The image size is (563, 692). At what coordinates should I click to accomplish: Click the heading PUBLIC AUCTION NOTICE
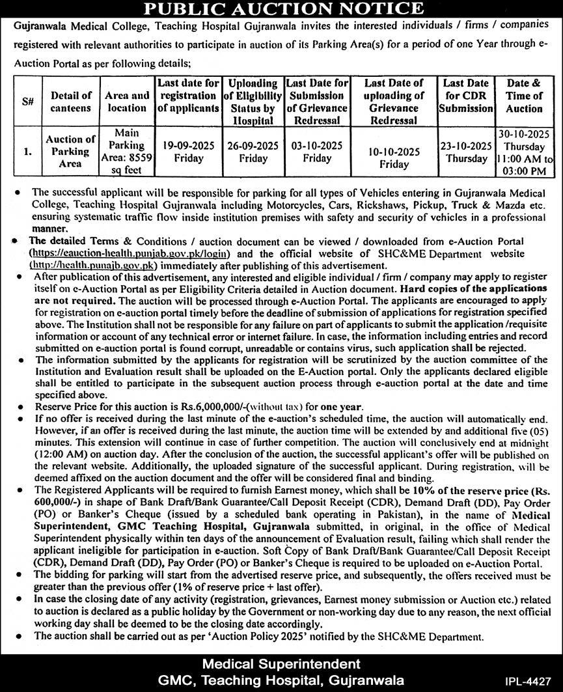pos(282,8)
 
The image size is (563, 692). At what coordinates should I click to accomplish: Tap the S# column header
pos(27,102)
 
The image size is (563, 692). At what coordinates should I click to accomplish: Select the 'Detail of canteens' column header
pos(72,102)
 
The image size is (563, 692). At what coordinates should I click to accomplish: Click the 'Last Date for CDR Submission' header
pos(465,96)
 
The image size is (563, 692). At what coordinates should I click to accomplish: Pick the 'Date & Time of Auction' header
pos(524,96)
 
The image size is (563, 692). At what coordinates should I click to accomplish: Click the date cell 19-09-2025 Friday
pos(188,152)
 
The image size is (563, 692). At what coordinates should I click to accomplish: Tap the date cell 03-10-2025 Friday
pos(318,152)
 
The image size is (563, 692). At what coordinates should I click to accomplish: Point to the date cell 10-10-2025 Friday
pos(394,158)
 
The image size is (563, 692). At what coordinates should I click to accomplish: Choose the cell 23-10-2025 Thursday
pos(465,152)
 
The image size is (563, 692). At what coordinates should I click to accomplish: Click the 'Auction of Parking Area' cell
pos(72,152)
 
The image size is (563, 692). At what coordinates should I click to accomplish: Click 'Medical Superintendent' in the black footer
pos(281,664)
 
